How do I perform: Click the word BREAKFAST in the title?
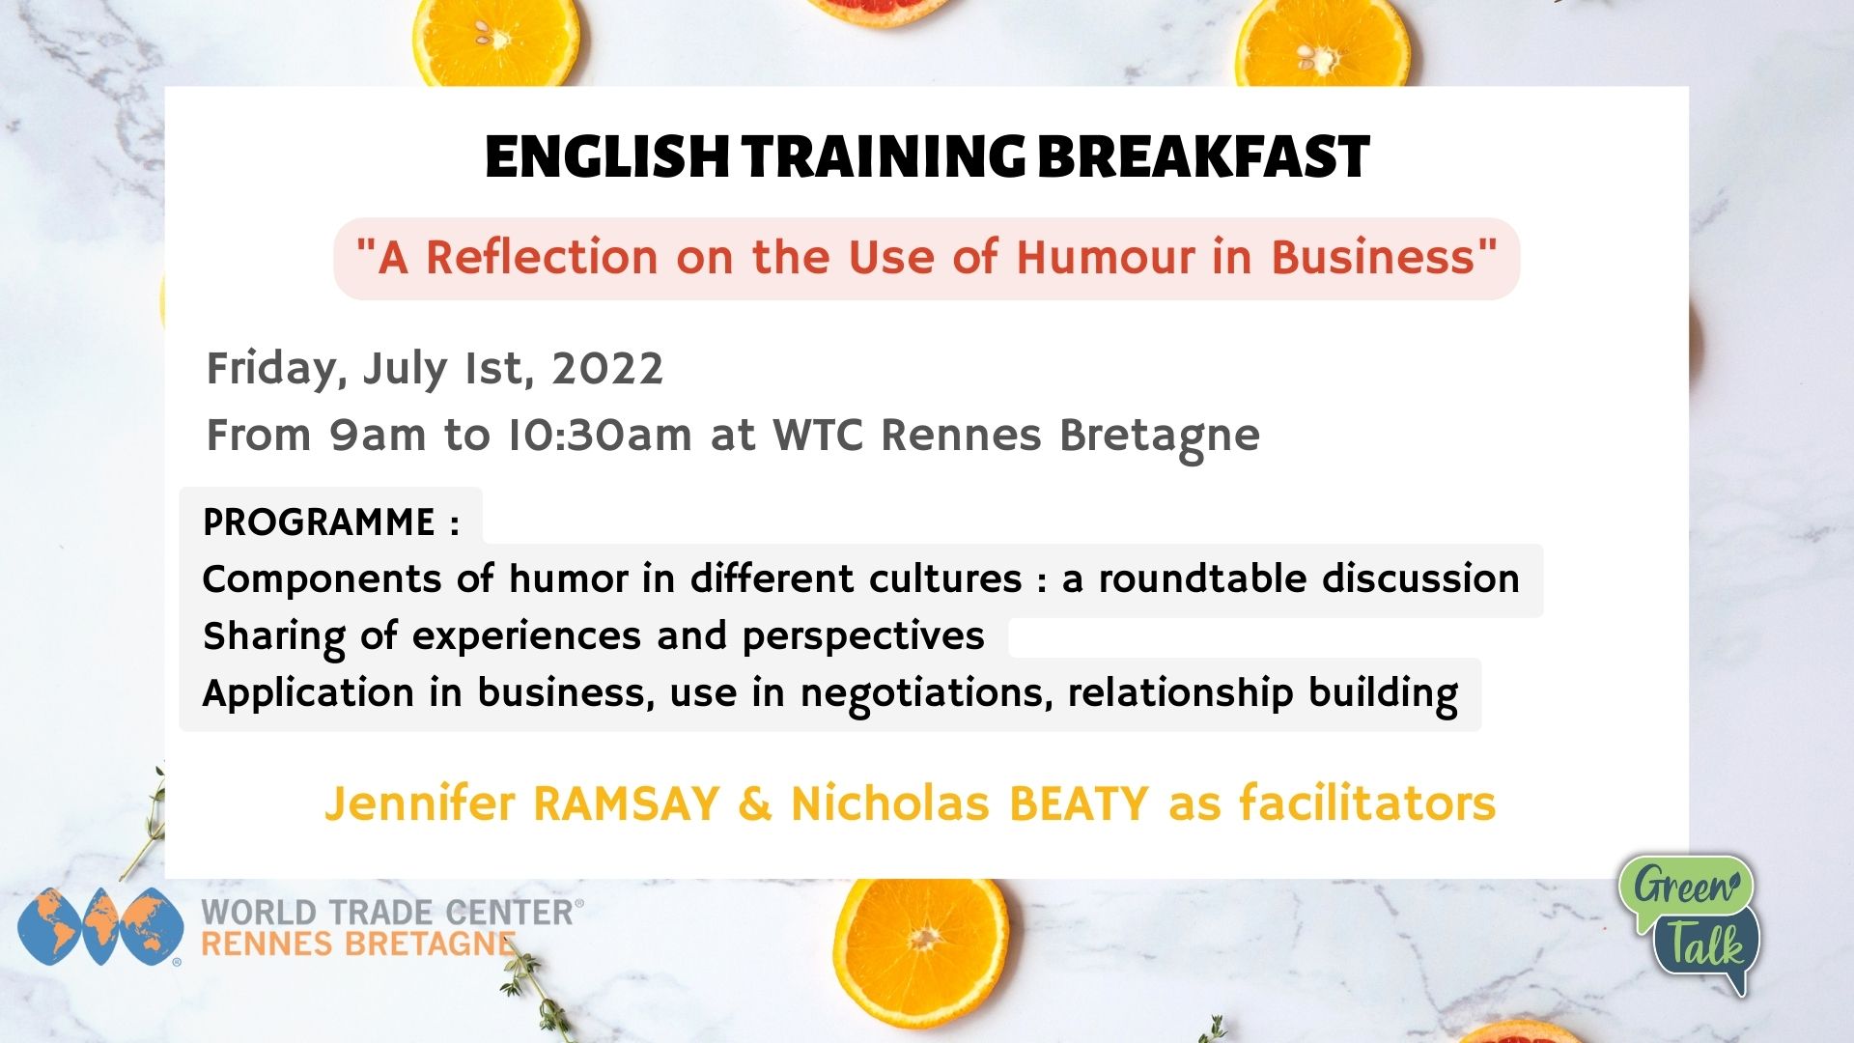[x=1203, y=157]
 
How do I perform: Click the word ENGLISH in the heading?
[x=606, y=157]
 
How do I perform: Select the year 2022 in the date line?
[x=607, y=369]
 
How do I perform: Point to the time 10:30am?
[x=600, y=436]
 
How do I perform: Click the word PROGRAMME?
[x=319, y=522]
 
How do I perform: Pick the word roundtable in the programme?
[x=1201, y=579]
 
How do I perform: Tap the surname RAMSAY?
[x=627, y=804]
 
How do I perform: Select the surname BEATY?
[x=1079, y=804]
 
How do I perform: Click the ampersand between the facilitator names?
[x=755, y=804]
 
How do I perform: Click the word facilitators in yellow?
[x=1367, y=803]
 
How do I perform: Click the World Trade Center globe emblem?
[x=100, y=927]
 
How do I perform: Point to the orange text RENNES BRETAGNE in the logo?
[x=358, y=944]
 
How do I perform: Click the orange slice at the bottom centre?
[x=921, y=950]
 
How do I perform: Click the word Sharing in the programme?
[x=274, y=637]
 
